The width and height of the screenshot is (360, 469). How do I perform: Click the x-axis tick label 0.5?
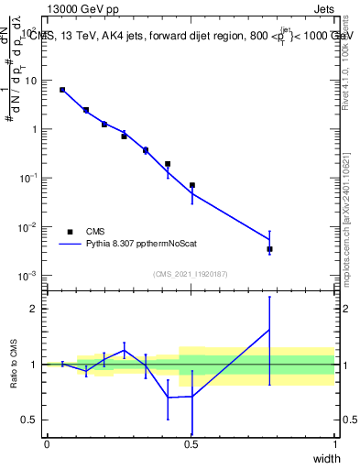[191, 444]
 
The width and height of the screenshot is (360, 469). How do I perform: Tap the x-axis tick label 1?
[335, 444]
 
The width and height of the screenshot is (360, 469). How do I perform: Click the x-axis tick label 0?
[47, 444]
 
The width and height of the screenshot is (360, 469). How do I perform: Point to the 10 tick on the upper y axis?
[31, 81]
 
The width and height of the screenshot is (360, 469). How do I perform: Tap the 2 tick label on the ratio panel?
[36, 309]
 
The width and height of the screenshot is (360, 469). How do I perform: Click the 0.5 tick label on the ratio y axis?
[30, 420]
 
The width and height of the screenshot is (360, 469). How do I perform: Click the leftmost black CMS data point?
[62, 90]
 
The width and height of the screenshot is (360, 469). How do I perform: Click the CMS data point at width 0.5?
[192, 185]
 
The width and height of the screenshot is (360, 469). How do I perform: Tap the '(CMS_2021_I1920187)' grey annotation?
[190, 273]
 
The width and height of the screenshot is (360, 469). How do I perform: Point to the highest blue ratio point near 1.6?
[269, 330]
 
